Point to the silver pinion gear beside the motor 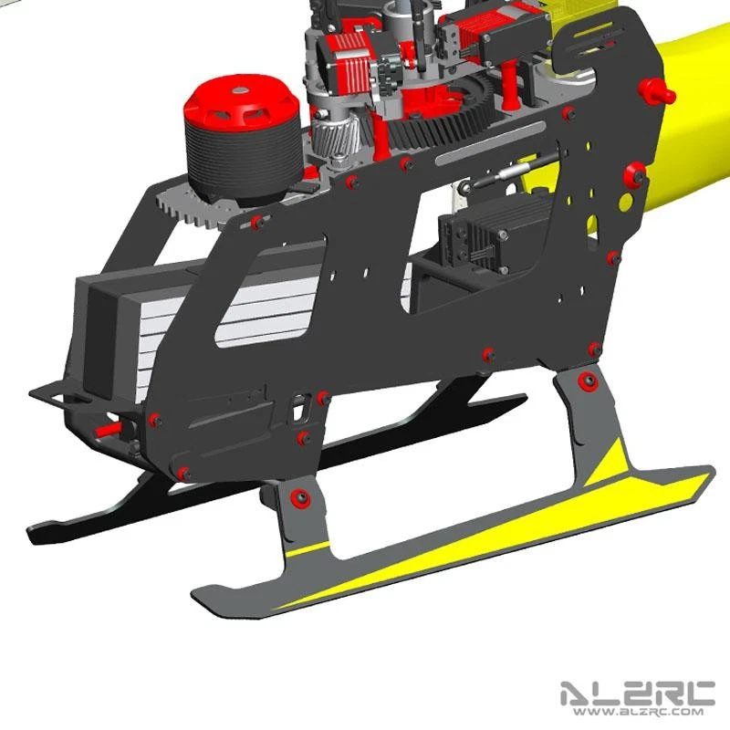(328, 141)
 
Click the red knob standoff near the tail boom (655, 90)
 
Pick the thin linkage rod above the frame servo (511, 173)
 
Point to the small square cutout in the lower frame (297, 411)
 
